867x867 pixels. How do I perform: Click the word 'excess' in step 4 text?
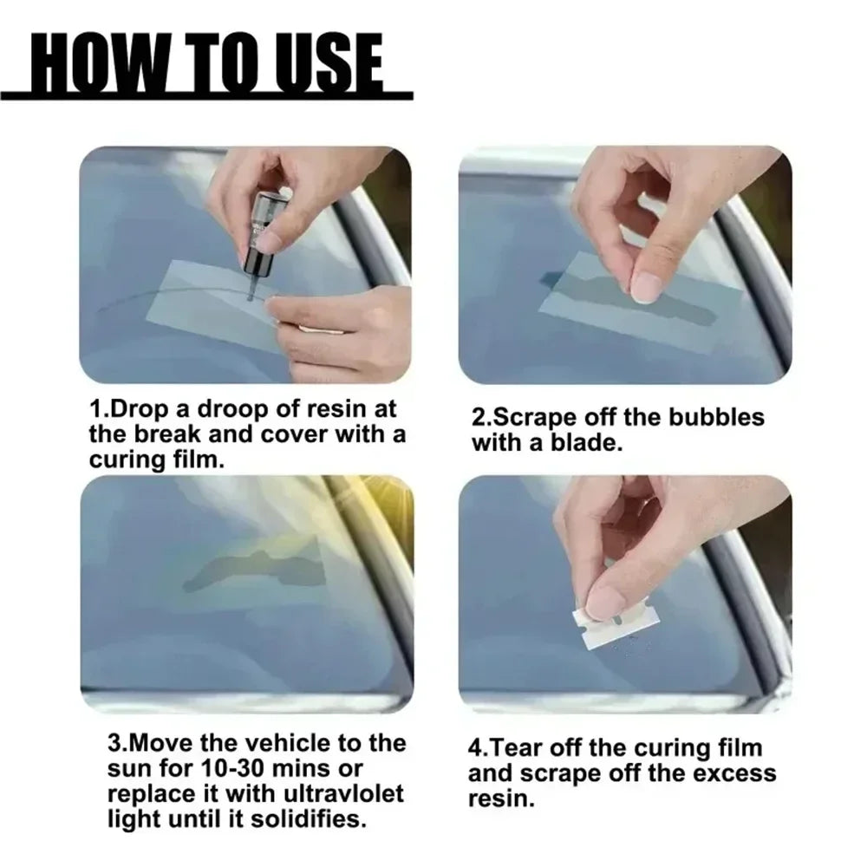point(733,772)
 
